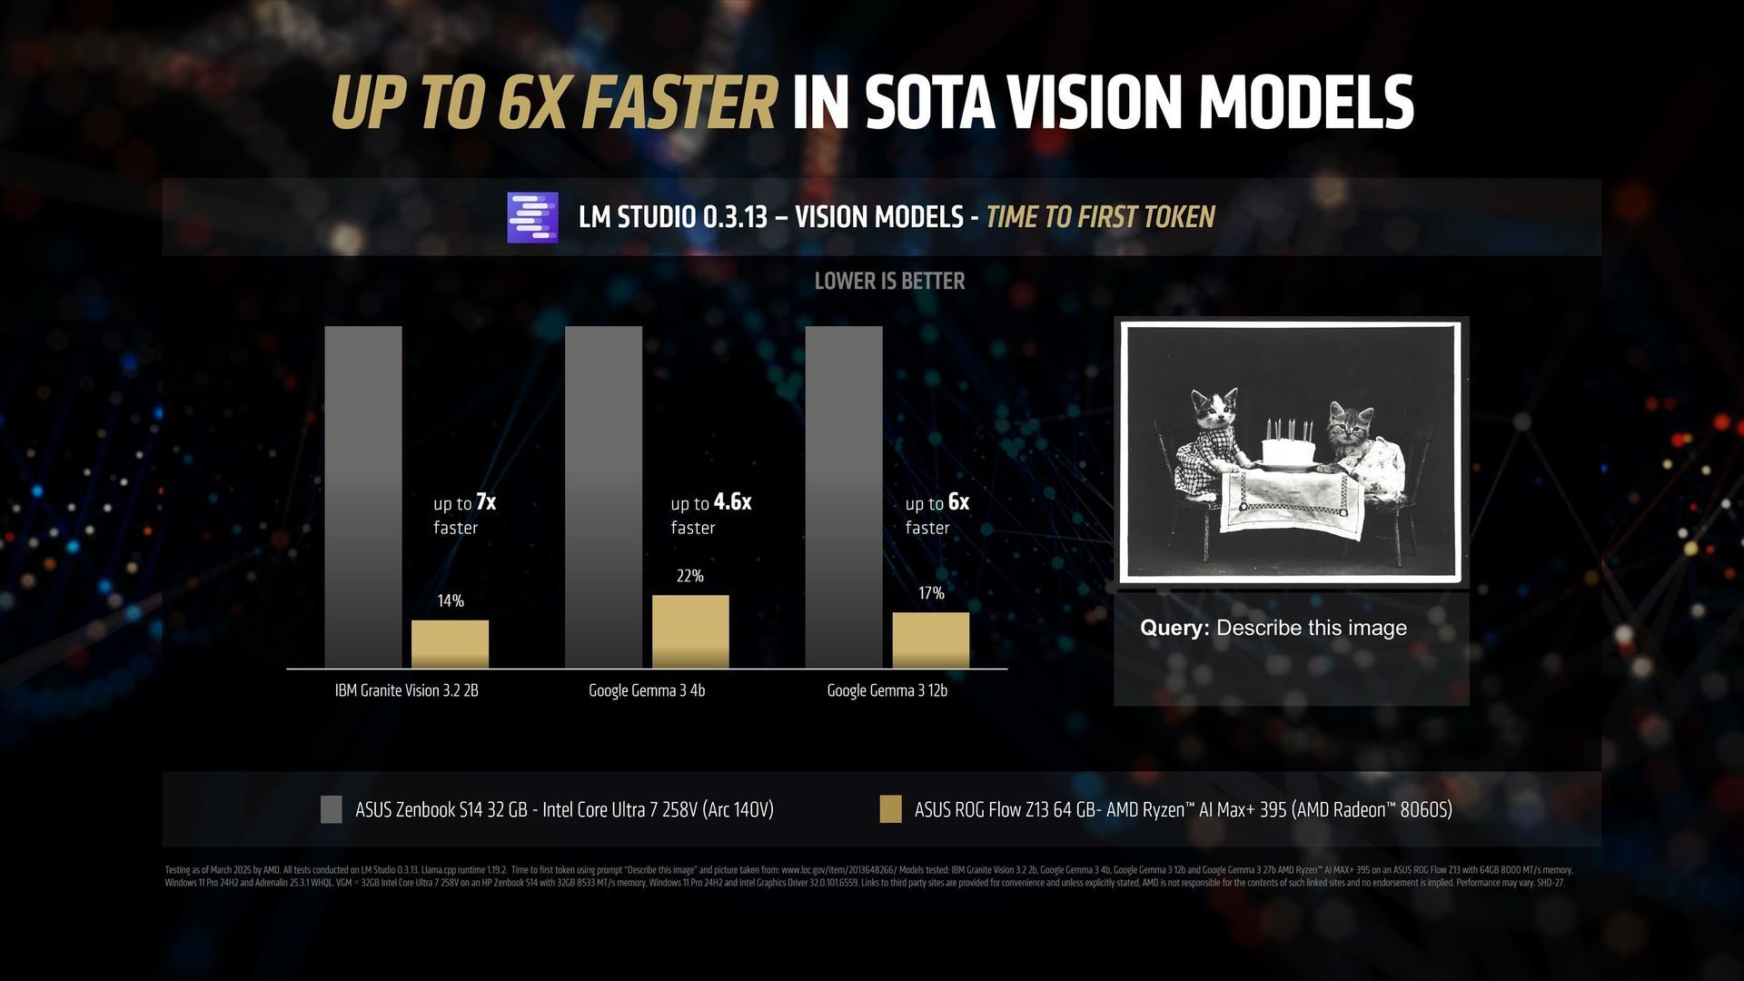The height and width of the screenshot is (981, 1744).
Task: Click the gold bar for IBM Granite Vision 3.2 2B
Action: tap(450, 644)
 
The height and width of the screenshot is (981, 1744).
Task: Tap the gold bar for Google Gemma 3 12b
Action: tap(930, 640)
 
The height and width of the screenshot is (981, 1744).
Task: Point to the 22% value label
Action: tap(689, 576)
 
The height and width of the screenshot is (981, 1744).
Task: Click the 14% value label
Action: tap(451, 600)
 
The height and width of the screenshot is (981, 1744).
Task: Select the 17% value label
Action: tap(931, 593)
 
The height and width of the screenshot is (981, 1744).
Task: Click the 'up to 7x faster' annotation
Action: tap(464, 514)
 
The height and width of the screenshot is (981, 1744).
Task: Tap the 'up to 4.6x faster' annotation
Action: tap(710, 514)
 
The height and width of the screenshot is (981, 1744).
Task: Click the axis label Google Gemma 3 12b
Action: tap(887, 690)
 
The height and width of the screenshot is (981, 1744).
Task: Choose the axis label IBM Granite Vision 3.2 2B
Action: tap(406, 690)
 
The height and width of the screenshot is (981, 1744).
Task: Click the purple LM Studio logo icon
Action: tap(532, 218)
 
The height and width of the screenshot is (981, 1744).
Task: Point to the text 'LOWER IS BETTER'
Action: tap(889, 281)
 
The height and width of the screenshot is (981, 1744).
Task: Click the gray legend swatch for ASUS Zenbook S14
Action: tap(332, 809)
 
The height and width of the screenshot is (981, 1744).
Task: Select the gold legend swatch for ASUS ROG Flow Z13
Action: tap(890, 809)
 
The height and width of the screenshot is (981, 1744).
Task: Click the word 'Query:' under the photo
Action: tap(1174, 628)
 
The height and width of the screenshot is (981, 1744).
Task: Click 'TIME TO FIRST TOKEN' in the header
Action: tap(1100, 217)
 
